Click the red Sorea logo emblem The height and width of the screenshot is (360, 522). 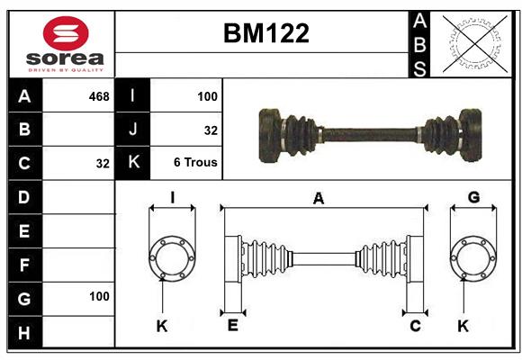click(66, 34)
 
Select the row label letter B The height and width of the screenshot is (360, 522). click(24, 130)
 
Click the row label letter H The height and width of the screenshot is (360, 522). click(24, 332)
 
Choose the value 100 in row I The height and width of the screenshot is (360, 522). click(206, 96)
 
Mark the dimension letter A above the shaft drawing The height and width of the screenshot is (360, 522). click(318, 199)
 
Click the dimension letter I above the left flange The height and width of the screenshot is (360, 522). click(171, 197)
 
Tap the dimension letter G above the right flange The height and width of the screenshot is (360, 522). click(473, 197)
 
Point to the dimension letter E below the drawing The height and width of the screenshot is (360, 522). click(232, 325)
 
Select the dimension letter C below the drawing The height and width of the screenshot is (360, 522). click(415, 325)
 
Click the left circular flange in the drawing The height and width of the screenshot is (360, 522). click(171, 258)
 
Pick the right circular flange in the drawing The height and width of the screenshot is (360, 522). click(473, 258)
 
